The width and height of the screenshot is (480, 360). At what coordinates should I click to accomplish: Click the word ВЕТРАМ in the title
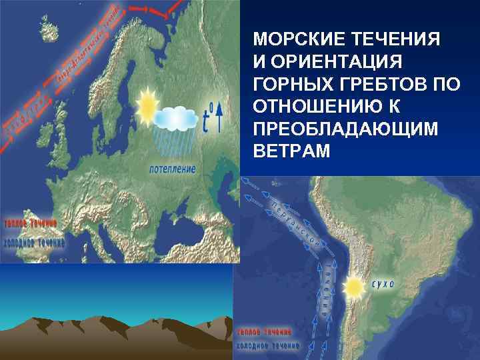tap(292, 151)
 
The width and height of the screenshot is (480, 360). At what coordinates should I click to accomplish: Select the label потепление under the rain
tap(173, 169)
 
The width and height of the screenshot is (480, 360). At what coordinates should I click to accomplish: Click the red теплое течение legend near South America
tap(265, 331)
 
